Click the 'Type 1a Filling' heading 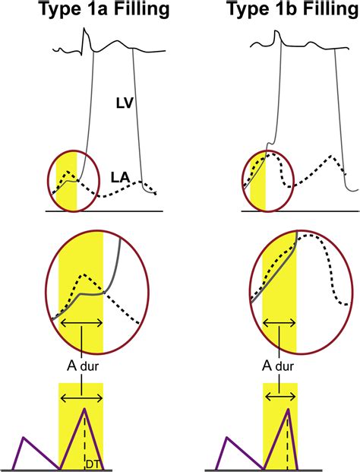pos(104,8)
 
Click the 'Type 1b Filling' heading pos(293,8)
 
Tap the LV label pos(125,103)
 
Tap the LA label pos(120,178)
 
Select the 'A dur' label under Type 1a pos(83,366)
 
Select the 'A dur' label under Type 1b pos(278,366)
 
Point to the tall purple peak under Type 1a pos(84,409)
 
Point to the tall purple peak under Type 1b pos(289,410)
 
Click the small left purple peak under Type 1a pos(24,437)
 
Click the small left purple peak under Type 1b pos(227,437)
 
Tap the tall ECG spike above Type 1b pos(276,31)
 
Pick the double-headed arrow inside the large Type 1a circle pos(81,323)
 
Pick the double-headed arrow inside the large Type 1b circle pos(279,323)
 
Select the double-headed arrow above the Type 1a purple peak pos(81,398)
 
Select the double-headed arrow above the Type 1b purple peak pos(280,398)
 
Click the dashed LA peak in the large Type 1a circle pos(84,274)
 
